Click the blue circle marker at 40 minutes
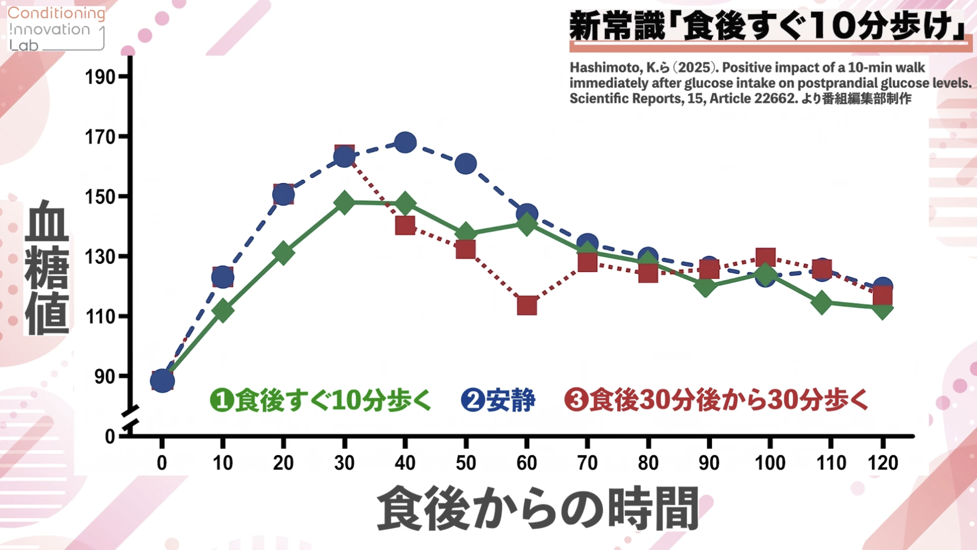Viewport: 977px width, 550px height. coord(405,143)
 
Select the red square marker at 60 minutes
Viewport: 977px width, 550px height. coord(527,306)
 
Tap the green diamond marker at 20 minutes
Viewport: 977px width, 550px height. coord(283,253)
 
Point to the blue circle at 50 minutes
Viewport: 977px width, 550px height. coord(466,163)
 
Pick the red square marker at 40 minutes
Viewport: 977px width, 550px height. coord(405,225)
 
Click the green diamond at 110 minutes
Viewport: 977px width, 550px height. coord(822,303)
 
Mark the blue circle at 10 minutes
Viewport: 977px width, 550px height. coord(222,277)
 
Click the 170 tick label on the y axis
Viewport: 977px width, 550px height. coord(100,137)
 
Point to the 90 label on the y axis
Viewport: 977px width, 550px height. coord(105,377)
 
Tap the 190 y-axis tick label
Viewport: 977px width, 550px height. coord(100,77)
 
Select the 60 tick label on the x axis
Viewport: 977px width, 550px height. coord(527,463)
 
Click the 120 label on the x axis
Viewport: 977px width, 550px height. coord(883,463)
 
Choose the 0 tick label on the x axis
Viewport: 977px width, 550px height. coord(162,463)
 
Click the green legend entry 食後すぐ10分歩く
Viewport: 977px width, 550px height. coord(321,400)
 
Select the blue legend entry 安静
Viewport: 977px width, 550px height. coord(498,400)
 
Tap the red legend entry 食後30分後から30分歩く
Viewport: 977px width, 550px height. coord(716,400)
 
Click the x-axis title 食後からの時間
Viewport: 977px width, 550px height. coord(538,508)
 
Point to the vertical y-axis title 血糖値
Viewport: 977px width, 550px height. coord(46,267)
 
